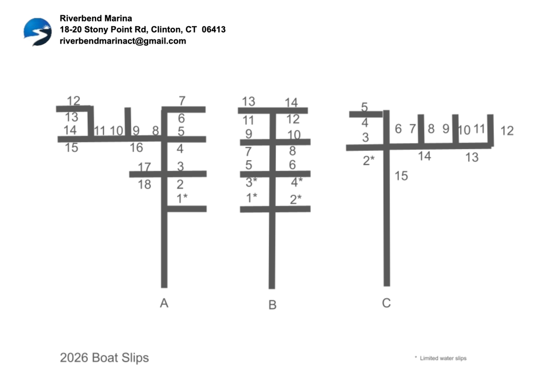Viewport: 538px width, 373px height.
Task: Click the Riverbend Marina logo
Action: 37,31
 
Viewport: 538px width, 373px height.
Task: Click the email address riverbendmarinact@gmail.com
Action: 123,41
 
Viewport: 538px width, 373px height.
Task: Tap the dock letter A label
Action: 164,303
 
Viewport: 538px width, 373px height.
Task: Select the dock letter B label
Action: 272,305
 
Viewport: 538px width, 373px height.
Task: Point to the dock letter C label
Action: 386,303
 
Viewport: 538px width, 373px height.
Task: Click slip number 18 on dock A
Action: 144,184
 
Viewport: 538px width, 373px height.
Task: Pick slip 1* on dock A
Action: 182,198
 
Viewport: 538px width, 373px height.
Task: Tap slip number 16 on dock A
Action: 136,148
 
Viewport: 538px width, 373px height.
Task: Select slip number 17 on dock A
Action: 144,167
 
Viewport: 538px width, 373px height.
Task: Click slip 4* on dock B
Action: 297,182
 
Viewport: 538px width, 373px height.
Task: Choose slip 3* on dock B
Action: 252,182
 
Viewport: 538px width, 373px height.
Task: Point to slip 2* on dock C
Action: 369,160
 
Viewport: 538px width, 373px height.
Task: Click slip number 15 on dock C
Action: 401,176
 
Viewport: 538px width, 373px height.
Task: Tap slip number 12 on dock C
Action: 506,131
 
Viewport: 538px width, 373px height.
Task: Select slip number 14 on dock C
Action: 425,156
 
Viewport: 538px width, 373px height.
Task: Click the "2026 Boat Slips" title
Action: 104,358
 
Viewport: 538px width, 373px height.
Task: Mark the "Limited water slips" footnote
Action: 442,358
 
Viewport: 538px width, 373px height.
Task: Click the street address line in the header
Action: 142,29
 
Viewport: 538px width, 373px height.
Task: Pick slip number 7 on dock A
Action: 182,100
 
